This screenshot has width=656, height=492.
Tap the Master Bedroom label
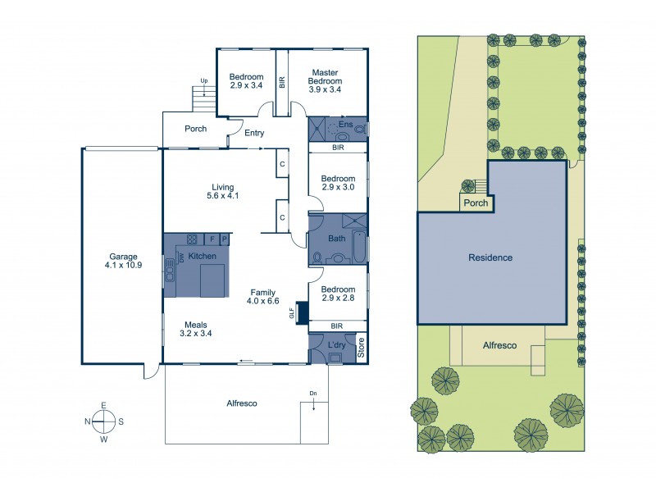[x=324, y=77]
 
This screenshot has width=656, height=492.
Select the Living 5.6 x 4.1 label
[x=222, y=190]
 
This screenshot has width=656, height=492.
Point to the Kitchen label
[x=202, y=257]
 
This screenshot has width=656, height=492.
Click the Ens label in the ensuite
[x=345, y=125]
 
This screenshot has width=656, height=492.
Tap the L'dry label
[x=337, y=344]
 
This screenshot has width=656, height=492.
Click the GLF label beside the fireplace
[x=291, y=313]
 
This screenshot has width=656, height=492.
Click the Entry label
[x=254, y=134]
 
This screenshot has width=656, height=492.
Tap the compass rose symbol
[x=104, y=421]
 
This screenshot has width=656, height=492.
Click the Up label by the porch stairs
[x=203, y=80]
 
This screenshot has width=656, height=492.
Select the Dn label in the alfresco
[x=312, y=394]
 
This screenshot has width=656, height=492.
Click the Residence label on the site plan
[x=490, y=257]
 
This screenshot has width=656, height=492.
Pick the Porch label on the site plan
[x=476, y=203]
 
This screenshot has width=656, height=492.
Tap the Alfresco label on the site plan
[x=499, y=346]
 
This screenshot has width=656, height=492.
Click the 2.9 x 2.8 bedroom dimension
[x=338, y=300]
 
